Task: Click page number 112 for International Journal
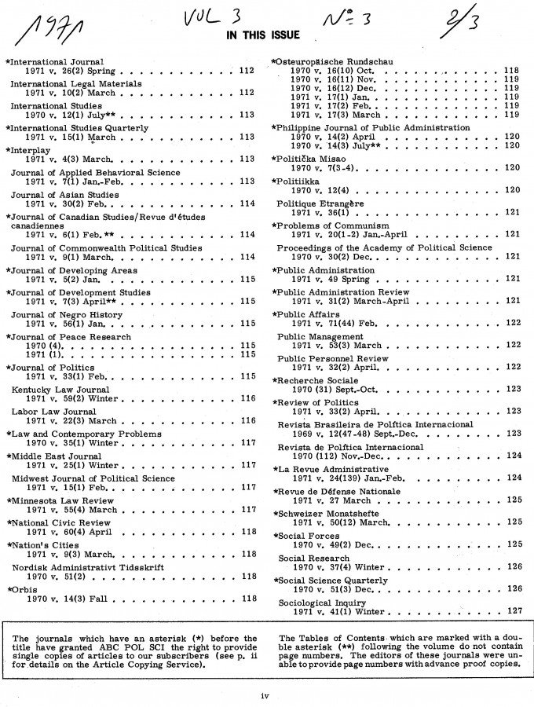[246, 71]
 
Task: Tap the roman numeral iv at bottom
[266, 695]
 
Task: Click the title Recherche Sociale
[318, 379]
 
